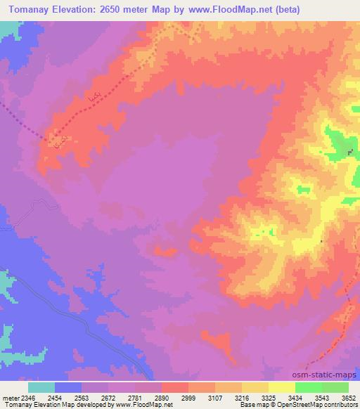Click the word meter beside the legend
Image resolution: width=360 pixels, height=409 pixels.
click(x=10, y=397)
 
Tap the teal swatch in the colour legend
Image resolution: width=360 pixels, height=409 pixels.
click(x=41, y=387)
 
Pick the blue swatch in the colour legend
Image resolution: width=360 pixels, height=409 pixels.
click(x=68, y=387)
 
